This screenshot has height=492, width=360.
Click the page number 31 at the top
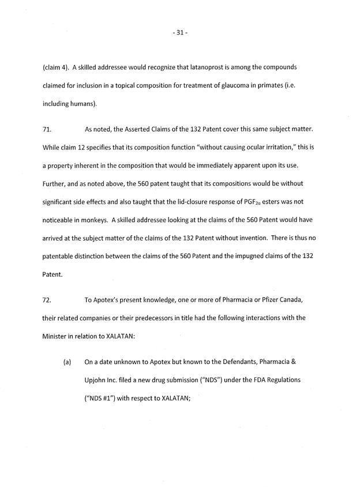180,33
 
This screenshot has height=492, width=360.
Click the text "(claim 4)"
55,67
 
